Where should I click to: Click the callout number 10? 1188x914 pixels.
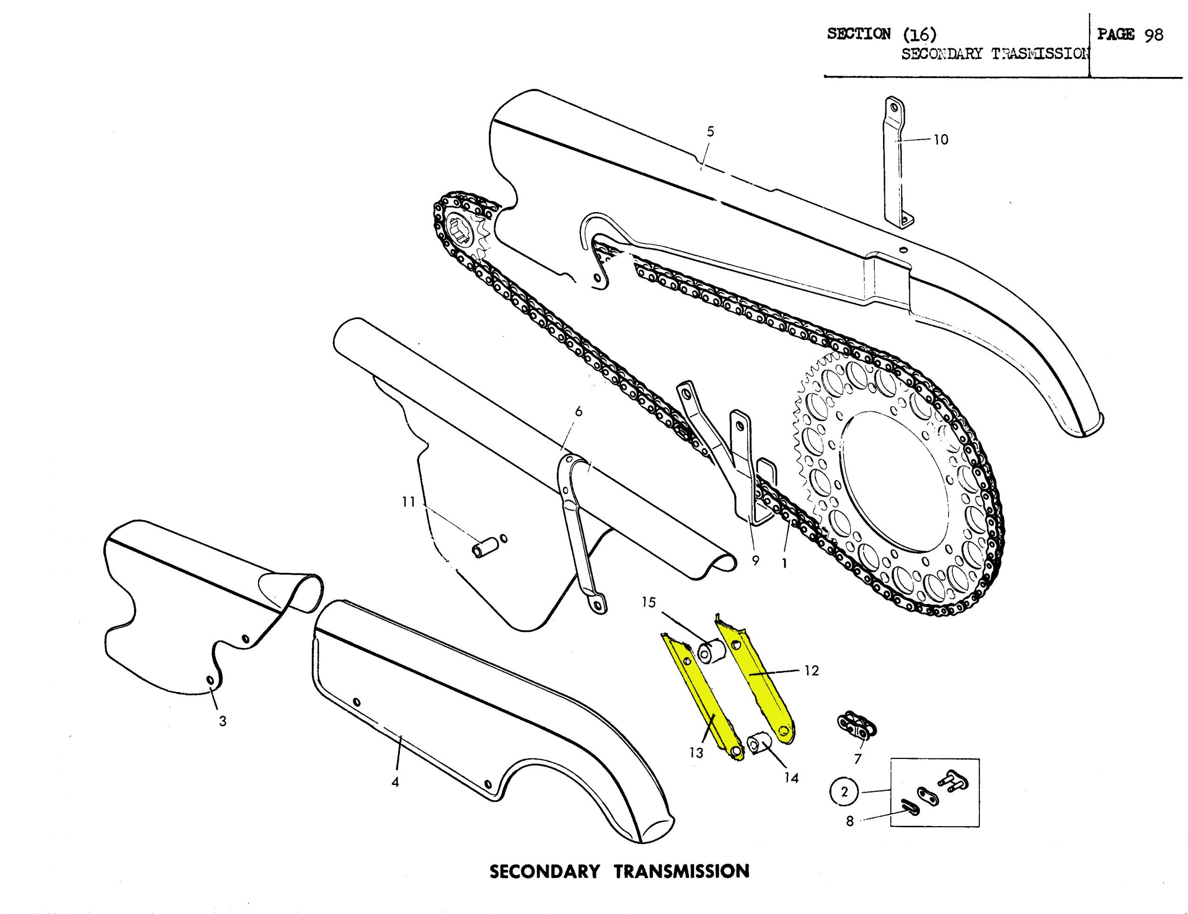point(941,140)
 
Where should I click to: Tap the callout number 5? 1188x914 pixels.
point(710,132)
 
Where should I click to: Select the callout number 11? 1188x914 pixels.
point(408,502)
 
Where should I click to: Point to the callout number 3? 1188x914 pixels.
point(222,721)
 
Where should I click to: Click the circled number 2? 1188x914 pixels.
point(844,791)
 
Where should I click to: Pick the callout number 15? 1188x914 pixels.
point(648,602)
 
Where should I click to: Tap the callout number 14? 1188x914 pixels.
point(791,778)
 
